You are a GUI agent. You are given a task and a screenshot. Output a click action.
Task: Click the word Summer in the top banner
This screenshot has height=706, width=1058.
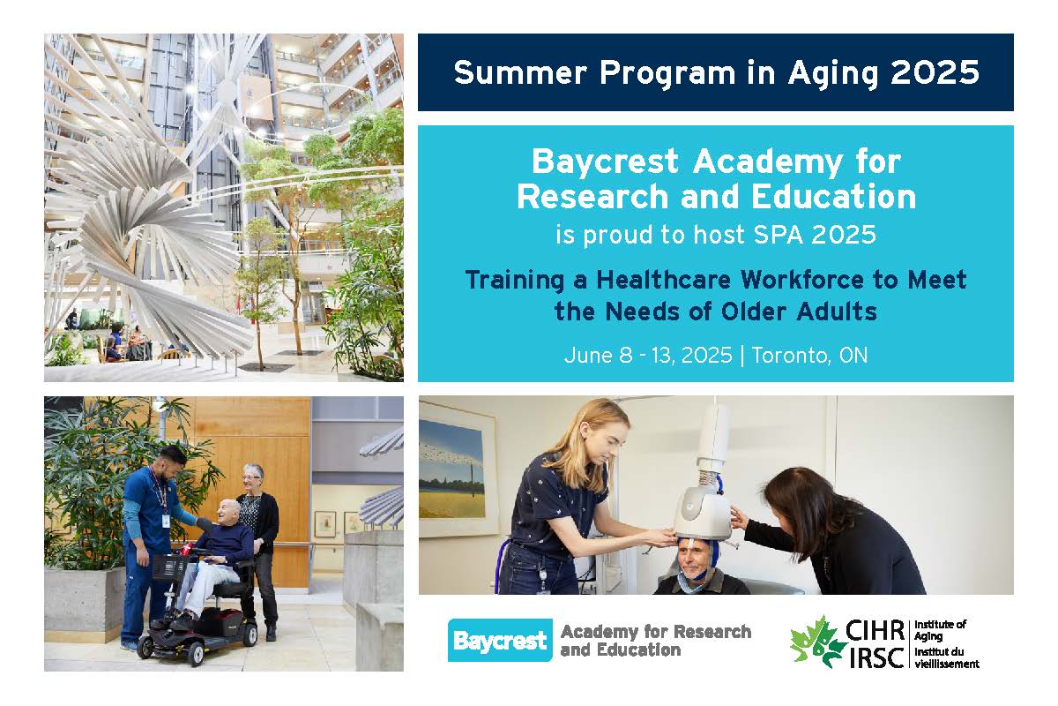point(520,72)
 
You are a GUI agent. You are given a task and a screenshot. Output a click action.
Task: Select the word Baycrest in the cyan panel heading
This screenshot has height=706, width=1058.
point(605,161)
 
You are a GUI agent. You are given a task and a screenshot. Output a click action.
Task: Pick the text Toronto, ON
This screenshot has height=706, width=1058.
point(809,355)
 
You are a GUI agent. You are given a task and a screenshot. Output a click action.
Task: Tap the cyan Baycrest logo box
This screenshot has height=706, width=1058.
point(500,641)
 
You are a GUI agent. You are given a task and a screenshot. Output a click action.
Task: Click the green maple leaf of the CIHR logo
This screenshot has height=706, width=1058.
point(817,642)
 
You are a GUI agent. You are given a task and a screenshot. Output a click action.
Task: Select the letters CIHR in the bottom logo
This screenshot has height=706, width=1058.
point(875,630)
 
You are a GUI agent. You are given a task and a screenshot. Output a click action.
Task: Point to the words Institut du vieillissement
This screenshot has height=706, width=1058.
point(946,657)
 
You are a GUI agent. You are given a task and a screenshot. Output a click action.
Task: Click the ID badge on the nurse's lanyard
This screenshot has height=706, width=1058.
point(166,520)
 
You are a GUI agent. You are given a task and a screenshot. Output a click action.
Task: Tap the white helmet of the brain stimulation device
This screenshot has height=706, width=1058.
point(703,512)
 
